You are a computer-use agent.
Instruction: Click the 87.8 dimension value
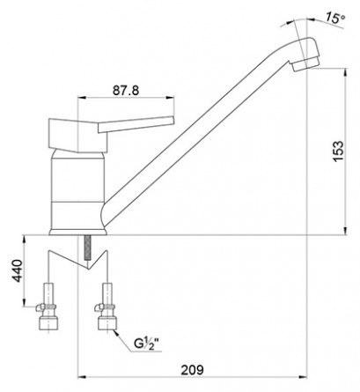[x=126, y=91]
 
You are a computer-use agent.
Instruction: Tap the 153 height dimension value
[x=339, y=152]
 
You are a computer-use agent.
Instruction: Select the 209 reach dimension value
[x=192, y=370]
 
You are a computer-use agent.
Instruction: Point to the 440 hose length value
[x=18, y=270]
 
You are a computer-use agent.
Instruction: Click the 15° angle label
[x=334, y=18]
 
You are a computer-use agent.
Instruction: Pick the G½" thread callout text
[x=149, y=344]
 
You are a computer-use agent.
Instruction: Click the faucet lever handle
[x=136, y=124]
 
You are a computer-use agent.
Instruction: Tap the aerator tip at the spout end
[x=305, y=64]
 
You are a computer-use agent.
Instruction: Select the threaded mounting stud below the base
[x=87, y=248]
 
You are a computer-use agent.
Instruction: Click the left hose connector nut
[x=48, y=323]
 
